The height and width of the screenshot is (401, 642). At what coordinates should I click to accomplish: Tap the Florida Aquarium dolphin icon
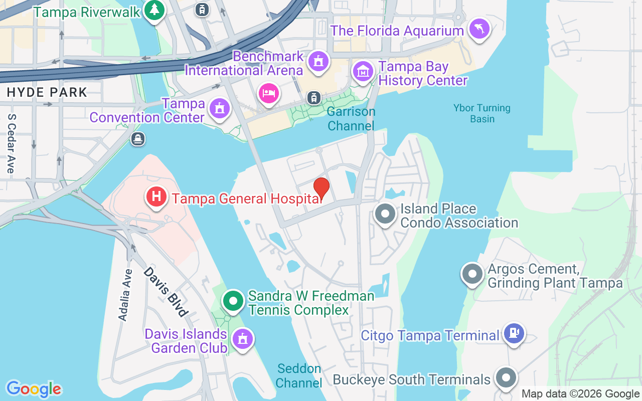point(479,29)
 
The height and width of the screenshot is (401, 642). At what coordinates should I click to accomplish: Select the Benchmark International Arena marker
point(318,62)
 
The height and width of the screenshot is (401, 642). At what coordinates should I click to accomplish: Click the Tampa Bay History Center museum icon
point(363,72)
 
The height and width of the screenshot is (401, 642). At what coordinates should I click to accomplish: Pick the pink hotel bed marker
point(269,93)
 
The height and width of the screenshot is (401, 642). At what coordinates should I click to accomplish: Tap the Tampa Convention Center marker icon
point(219,108)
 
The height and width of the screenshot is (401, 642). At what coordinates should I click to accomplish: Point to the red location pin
point(321,188)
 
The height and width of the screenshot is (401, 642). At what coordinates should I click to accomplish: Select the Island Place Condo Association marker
point(385,215)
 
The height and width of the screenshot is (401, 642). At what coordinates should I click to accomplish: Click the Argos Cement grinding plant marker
point(472,274)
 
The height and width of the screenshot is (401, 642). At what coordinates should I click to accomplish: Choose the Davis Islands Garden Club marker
point(243,339)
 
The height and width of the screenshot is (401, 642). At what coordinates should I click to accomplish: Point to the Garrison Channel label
point(351,119)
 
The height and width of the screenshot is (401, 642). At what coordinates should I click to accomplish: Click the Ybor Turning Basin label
point(481,113)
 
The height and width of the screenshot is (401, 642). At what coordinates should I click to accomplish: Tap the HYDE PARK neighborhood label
point(47,92)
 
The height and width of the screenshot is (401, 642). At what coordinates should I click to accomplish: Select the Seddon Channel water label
point(299,375)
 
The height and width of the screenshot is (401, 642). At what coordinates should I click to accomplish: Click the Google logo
point(34,389)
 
